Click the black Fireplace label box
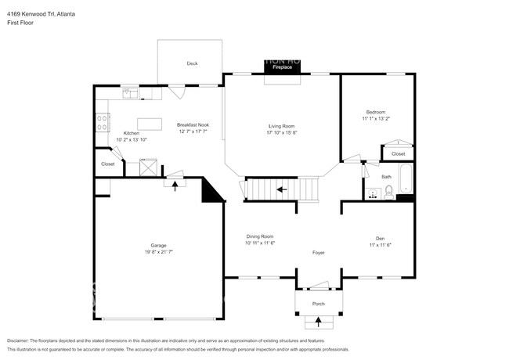[x=282, y=68]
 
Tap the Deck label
[x=191, y=63]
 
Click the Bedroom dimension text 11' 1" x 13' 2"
[x=376, y=118]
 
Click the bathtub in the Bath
[x=405, y=180]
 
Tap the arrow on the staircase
[x=281, y=189]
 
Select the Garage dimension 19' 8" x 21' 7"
[x=158, y=251]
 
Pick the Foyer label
[x=318, y=253]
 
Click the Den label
[x=380, y=239]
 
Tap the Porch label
[x=318, y=304]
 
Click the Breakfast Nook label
[x=193, y=125]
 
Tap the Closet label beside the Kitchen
[x=108, y=164]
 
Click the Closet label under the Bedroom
[x=398, y=153]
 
